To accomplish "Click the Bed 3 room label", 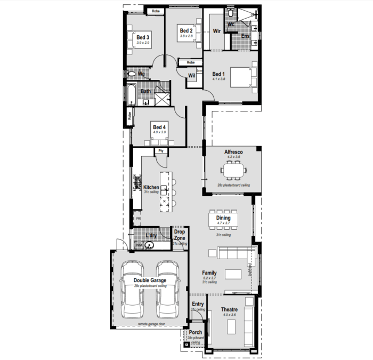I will click(142, 37).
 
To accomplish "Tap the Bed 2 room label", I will click(185, 30).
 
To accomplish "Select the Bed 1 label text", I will click(218, 74).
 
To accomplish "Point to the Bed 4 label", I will click(159, 127).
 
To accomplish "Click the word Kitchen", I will click(151, 187).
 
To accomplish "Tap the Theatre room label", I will click(229, 309).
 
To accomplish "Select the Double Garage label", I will click(150, 280).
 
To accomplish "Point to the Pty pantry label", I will click(160, 151).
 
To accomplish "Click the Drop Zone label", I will click(180, 235).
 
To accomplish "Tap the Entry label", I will click(198, 305).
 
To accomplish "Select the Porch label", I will click(195, 332).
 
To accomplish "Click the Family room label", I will click(209, 273).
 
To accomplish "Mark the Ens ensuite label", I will click(245, 36).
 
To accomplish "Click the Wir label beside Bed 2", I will click(217, 31).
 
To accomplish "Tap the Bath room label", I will click(145, 91).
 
